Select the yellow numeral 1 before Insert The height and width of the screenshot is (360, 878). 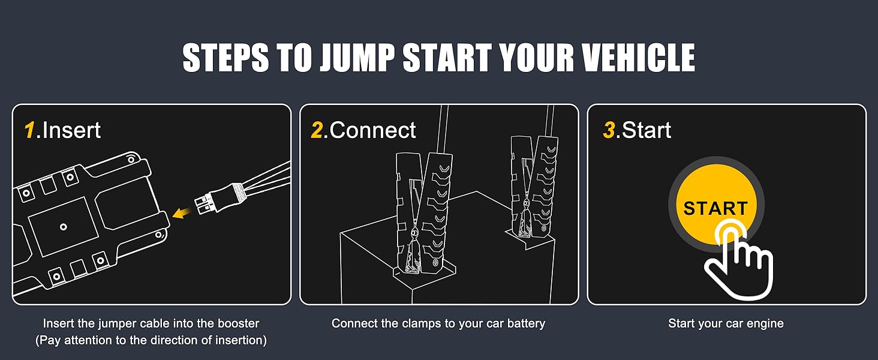coord(29,130)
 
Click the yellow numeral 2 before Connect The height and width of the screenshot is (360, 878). coord(317,130)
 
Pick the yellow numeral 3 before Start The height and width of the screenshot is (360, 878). coord(609,130)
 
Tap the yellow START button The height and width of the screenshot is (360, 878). coord(715,207)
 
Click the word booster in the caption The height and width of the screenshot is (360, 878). coord(236,323)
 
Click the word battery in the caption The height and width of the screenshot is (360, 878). coord(525,323)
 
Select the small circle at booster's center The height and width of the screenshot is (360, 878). coord(63,227)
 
